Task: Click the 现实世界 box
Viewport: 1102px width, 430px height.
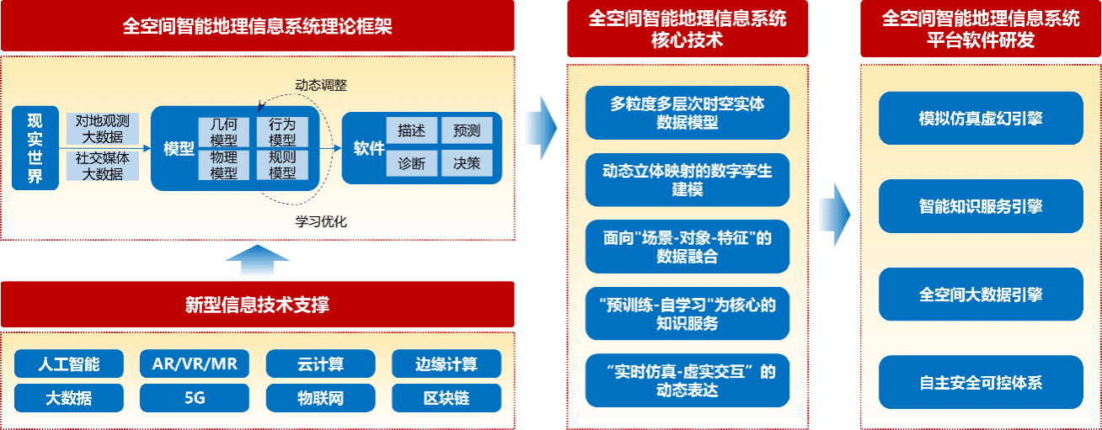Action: (x=35, y=148)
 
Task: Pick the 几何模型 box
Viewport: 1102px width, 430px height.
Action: (x=223, y=133)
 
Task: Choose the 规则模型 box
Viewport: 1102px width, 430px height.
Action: (x=282, y=165)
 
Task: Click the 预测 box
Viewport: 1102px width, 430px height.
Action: (x=466, y=130)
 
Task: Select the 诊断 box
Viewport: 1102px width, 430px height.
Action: (x=411, y=164)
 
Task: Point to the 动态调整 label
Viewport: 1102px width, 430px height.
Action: (x=320, y=85)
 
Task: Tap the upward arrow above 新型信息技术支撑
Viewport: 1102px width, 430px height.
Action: (x=258, y=261)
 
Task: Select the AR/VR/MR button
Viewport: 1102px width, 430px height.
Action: (x=194, y=364)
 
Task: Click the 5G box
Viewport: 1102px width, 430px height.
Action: (x=194, y=398)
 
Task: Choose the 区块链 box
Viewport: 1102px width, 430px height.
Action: (x=446, y=398)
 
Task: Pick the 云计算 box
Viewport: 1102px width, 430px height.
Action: (x=320, y=364)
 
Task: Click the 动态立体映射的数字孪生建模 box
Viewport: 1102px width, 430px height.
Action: (x=687, y=180)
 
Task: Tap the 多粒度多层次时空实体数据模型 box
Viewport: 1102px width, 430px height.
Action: (x=687, y=113)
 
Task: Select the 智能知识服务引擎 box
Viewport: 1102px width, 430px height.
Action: (x=980, y=206)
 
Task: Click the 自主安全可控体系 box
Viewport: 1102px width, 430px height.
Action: (x=980, y=383)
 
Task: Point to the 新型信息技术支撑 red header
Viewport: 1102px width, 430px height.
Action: (x=257, y=305)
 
